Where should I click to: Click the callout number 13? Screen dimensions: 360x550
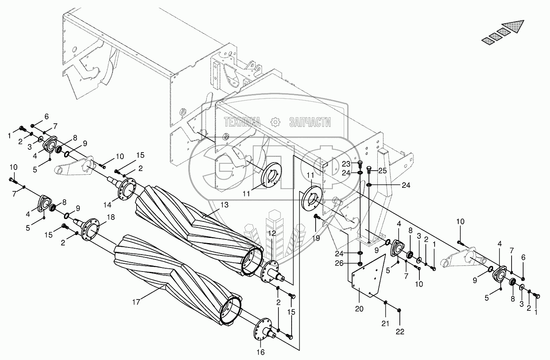click(224, 205)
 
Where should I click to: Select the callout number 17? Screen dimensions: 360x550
click(136, 302)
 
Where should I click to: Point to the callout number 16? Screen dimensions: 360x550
click(261, 352)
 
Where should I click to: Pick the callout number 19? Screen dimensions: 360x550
click(316, 237)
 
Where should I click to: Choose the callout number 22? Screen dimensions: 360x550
click(400, 331)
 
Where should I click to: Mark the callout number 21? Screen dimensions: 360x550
click(385, 324)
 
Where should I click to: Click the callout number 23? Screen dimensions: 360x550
click(346, 164)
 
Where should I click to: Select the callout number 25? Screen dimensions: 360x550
click(383, 171)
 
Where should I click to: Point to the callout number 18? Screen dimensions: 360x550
click(111, 217)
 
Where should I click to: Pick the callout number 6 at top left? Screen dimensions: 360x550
click(46, 117)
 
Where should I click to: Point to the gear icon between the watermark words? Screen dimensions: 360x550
click(275, 122)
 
